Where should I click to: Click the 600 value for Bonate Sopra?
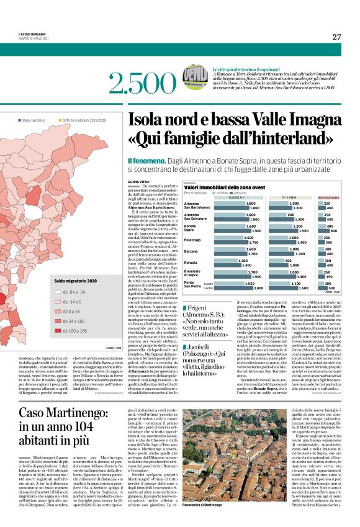333,231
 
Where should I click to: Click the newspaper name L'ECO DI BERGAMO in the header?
32,33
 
